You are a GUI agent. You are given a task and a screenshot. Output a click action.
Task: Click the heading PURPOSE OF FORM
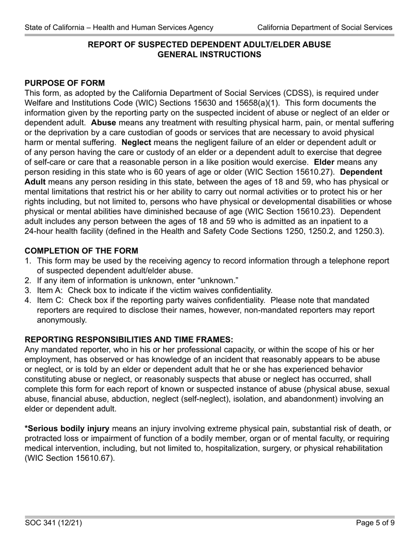click(65, 83)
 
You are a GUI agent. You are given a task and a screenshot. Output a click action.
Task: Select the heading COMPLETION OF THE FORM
click(81, 251)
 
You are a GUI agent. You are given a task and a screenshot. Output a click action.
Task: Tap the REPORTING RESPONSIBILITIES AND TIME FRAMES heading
click(129, 339)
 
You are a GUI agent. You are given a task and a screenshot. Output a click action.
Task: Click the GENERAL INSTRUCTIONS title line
click(209, 55)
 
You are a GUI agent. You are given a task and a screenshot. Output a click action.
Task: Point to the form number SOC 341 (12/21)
click(53, 523)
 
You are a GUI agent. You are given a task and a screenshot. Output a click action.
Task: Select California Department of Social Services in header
click(325, 27)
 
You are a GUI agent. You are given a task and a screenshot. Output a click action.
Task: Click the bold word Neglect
click(136, 142)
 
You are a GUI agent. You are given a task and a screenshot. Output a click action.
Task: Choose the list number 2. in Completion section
click(28, 280)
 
